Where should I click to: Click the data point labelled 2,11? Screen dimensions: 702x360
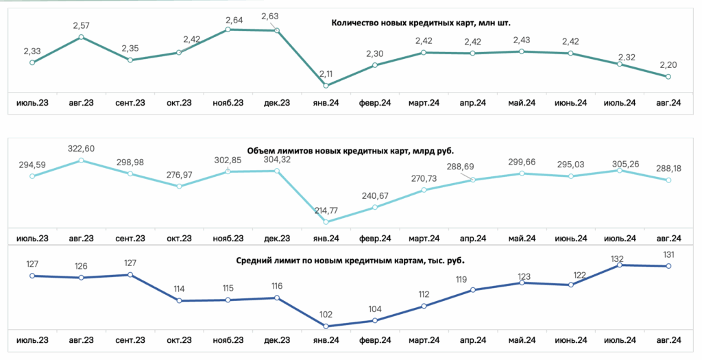(x=326, y=86)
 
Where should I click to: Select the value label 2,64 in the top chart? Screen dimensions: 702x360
(x=234, y=20)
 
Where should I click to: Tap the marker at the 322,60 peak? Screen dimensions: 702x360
(x=81, y=160)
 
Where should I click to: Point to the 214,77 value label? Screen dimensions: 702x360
(x=326, y=210)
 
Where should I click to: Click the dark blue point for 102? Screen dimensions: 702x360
(x=326, y=326)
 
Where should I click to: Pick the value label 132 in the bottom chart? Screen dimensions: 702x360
(x=618, y=259)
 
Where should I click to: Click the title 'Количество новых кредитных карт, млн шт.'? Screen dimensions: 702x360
(x=421, y=23)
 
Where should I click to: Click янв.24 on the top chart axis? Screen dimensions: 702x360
(x=326, y=103)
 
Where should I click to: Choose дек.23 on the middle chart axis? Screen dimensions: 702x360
(x=277, y=239)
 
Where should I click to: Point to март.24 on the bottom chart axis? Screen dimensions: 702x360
(x=424, y=340)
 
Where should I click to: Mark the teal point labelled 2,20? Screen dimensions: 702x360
(x=668, y=77)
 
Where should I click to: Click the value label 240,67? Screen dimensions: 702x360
(x=375, y=195)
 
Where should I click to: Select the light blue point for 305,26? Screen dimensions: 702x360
(x=620, y=170)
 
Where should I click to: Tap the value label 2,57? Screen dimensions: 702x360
(x=81, y=25)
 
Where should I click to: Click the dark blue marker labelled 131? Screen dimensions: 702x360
(x=668, y=266)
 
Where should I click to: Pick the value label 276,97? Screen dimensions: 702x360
(x=179, y=175)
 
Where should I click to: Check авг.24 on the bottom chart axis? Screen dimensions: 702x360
(x=668, y=340)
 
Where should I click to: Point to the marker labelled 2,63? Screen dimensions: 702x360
(x=277, y=30)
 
